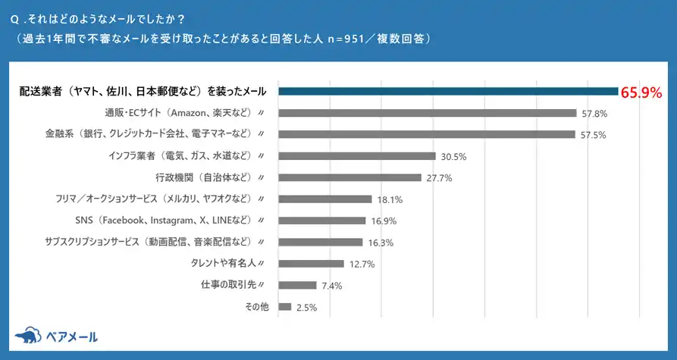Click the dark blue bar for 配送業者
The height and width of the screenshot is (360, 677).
coord(449,92)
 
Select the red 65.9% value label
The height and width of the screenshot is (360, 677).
coord(641,92)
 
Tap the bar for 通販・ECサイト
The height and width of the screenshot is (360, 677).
coord(428,113)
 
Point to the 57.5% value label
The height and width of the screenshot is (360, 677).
coord(594,135)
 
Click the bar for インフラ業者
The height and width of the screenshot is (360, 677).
coord(357,156)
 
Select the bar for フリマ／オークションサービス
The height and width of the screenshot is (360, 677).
coord(325,199)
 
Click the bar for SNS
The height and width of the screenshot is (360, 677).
coord(322,221)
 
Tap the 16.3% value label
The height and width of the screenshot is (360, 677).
coord(381,243)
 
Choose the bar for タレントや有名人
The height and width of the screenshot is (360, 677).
coord(312,264)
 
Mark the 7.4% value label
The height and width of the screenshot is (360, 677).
coord(332,286)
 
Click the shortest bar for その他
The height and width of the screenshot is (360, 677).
coord(285,307)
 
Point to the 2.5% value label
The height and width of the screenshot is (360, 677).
coord(307,308)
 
